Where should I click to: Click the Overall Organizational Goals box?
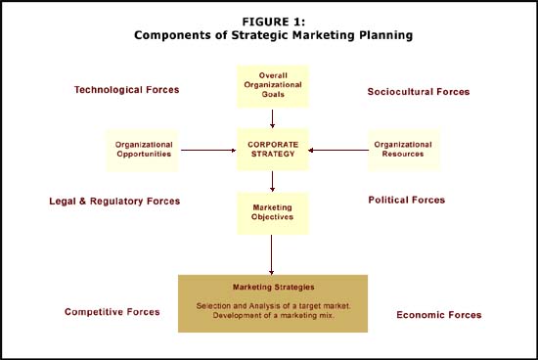pos(273,86)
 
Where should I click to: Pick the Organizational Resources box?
pos(402,150)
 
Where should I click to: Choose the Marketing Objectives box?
pos(273,212)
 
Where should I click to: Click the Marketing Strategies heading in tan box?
pos(273,287)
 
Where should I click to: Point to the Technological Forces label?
pos(126,90)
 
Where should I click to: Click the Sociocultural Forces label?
pos(419,92)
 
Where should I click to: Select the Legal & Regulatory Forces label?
pos(114,202)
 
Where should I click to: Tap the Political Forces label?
pos(406,201)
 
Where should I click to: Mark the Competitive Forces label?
pos(112,312)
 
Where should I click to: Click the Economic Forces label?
pos(438,315)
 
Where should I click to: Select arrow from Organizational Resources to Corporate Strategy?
pos(338,150)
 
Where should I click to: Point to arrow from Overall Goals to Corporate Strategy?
pos(273,117)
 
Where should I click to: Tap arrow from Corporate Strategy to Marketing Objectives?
pos(273,181)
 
